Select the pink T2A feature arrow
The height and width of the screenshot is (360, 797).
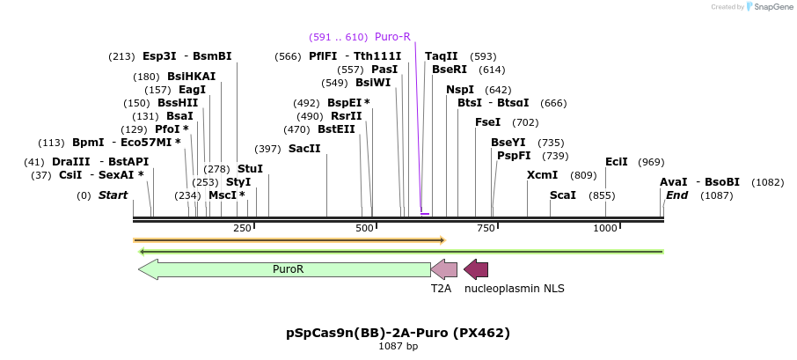(444, 269)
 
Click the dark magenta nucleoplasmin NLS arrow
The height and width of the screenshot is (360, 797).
(476, 269)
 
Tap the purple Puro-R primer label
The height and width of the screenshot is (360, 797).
(392, 37)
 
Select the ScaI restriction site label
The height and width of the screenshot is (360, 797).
(563, 195)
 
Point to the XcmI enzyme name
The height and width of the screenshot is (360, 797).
(542, 175)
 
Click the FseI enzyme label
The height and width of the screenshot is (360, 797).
(488, 122)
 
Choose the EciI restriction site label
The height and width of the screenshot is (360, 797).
(617, 162)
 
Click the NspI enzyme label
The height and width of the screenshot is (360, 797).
(460, 90)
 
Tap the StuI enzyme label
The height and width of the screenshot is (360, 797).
(250, 168)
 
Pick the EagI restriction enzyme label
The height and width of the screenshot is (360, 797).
(193, 90)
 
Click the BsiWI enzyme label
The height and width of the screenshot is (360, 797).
(373, 83)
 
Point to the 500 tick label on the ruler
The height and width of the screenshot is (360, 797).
(365, 229)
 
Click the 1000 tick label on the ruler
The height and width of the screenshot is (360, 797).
(605, 229)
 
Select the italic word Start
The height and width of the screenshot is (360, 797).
(113, 195)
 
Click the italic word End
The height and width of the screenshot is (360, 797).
(676, 195)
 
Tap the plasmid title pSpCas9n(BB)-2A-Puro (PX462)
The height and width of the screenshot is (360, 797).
(398, 333)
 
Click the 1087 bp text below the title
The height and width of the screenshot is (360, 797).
(398, 347)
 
